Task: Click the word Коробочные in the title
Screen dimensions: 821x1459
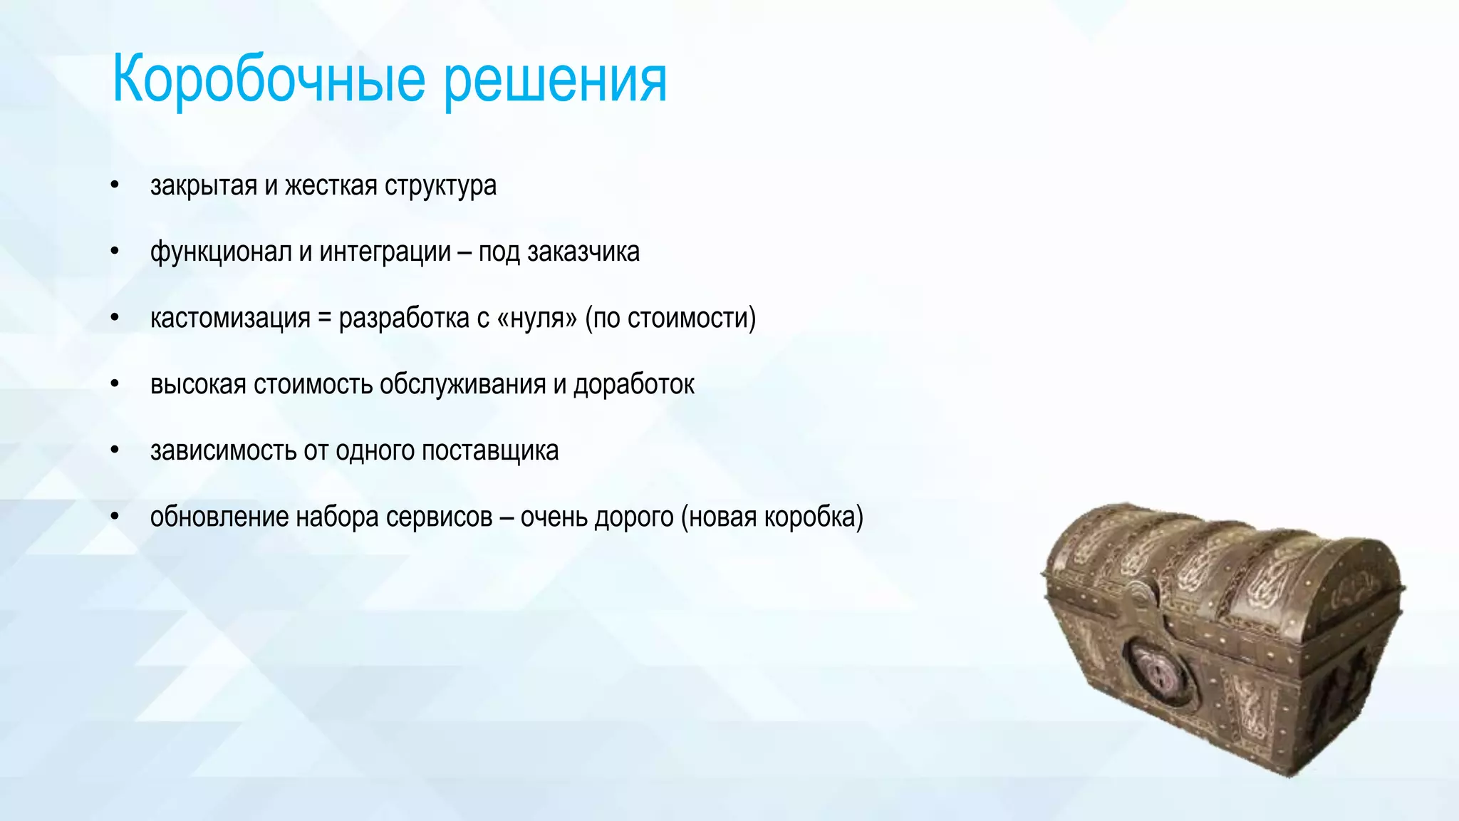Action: [x=269, y=80]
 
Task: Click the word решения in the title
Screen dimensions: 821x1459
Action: [x=555, y=80]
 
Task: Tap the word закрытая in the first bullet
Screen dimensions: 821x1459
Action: [x=203, y=185]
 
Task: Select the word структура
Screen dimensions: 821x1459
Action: [x=440, y=185]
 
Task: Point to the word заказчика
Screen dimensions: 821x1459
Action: [x=583, y=252]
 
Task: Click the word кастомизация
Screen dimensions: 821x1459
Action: [x=230, y=318]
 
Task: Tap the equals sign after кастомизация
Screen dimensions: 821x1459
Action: [x=324, y=318]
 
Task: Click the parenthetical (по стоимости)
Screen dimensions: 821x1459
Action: [x=670, y=318]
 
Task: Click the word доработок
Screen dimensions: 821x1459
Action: [x=634, y=384]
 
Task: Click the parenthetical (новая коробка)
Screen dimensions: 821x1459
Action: [x=772, y=517]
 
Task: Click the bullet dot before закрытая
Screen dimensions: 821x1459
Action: [x=115, y=185]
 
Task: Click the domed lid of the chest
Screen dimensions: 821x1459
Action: [x=1225, y=563]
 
